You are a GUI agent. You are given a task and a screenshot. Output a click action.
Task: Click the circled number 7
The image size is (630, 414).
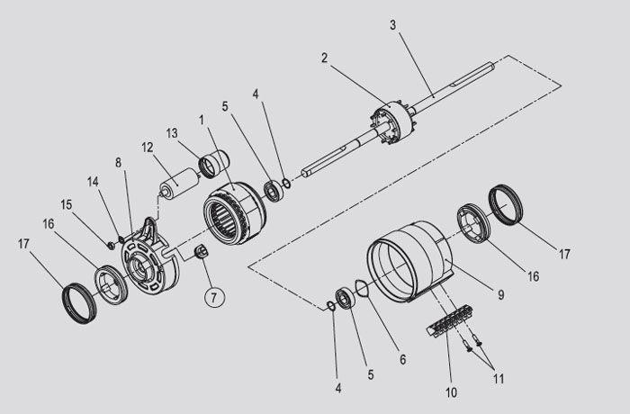pyautogui.click(x=214, y=298)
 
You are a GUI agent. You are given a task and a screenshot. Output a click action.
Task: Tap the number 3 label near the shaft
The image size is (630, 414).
pyautogui.click(x=393, y=25)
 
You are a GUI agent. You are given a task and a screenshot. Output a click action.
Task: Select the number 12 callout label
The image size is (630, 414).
pyautogui.click(x=148, y=148)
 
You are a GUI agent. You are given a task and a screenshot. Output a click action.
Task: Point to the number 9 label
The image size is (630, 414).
pyautogui.click(x=500, y=295)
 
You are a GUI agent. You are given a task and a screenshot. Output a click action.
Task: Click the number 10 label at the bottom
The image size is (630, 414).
pyautogui.click(x=451, y=392)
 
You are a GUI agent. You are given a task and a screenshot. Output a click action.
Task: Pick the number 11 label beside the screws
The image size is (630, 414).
pyautogui.click(x=499, y=379)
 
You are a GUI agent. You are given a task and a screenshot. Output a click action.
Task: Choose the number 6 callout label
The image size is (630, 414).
pyautogui.click(x=402, y=359)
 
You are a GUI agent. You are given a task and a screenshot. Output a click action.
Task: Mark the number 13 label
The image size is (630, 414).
pyautogui.click(x=172, y=133)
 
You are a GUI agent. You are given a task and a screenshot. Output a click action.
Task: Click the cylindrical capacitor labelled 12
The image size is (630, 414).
pyautogui.click(x=180, y=183)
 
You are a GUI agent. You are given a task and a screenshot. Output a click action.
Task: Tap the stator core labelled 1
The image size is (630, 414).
pyautogui.click(x=234, y=213)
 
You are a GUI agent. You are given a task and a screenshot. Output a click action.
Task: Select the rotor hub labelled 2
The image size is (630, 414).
pyautogui.click(x=392, y=122)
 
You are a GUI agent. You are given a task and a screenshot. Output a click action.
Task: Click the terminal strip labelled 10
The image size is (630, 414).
pyautogui.click(x=450, y=320)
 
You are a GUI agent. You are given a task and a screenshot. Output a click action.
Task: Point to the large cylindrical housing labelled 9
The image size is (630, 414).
pyautogui.click(x=409, y=261)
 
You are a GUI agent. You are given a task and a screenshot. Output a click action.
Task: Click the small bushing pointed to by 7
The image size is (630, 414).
pyautogui.click(x=201, y=251)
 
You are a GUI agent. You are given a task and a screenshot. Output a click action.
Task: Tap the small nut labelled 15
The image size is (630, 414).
pyautogui.click(x=109, y=244)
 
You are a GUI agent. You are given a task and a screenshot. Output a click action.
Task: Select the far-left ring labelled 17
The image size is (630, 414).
pyautogui.click(x=79, y=303)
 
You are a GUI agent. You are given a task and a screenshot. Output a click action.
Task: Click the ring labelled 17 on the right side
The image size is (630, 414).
pyautogui.click(x=506, y=204)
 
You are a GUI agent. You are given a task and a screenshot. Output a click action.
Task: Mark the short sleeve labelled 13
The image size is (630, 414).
pyautogui.click(x=214, y=164)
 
